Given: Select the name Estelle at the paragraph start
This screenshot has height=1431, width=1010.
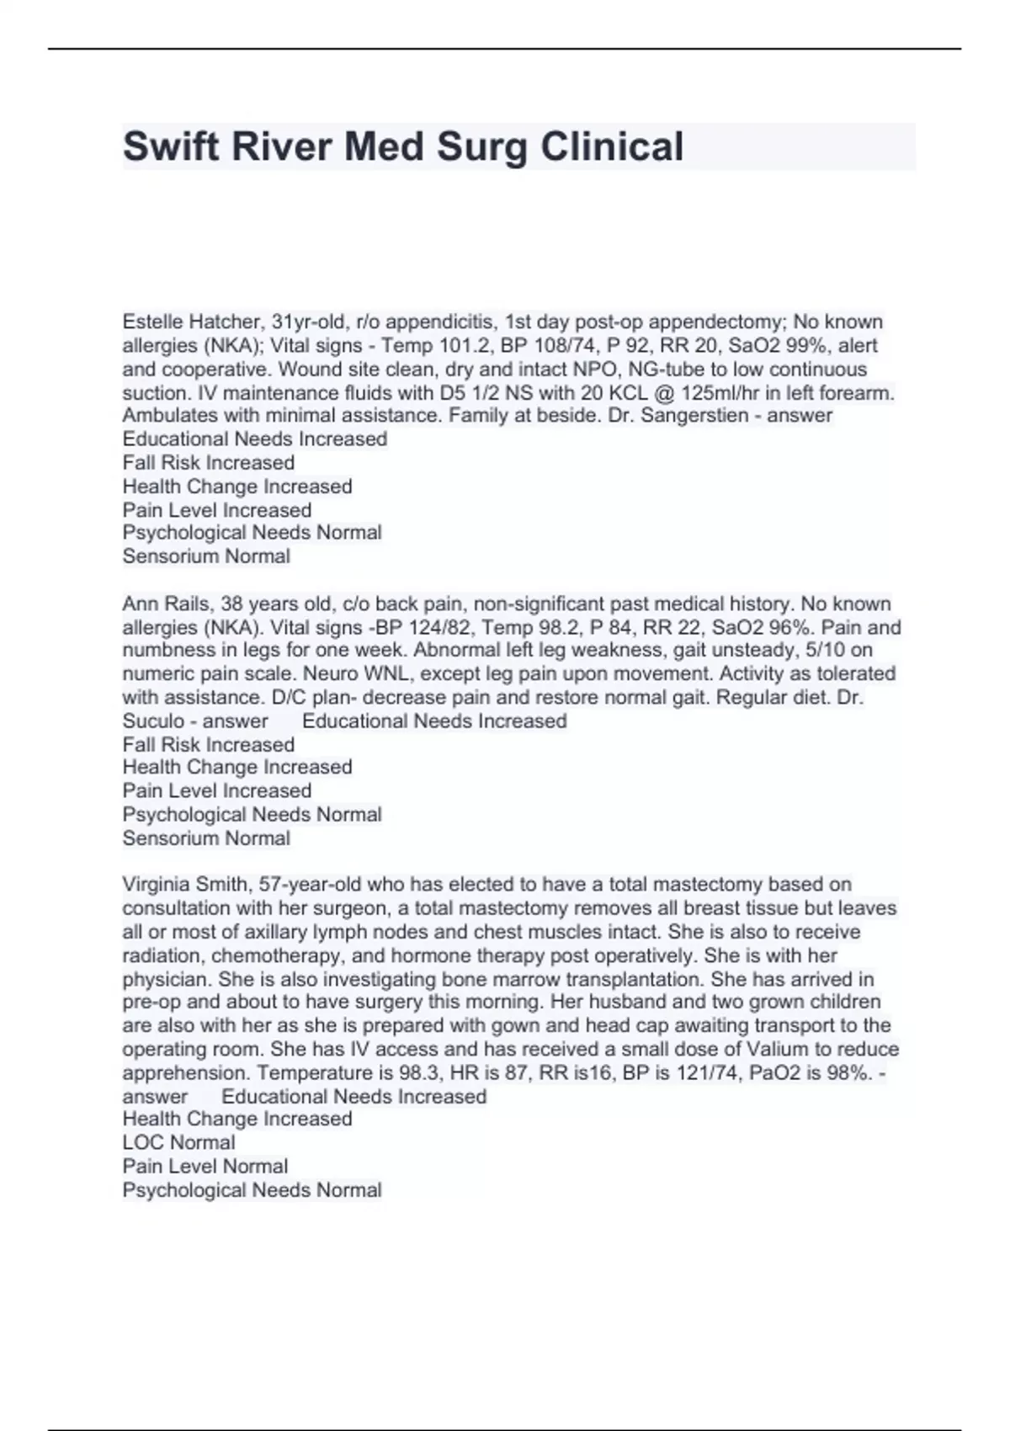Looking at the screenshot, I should point(152,322).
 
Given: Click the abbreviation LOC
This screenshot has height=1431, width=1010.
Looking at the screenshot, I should point(141,1143).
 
